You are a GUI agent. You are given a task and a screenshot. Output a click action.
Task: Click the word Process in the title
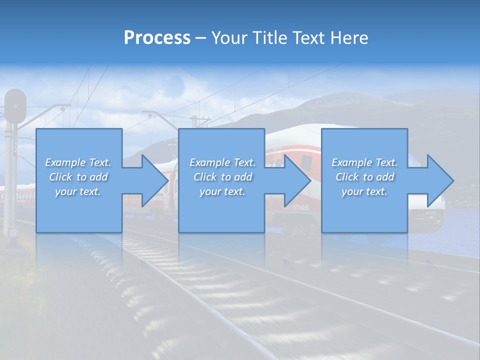(x=157, y=38)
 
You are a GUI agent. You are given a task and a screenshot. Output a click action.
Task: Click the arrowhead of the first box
(x=155, y=180)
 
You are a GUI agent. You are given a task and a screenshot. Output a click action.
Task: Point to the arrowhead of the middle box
(x=297, y=180)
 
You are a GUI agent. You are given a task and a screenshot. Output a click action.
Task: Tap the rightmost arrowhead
(x=440, y=180)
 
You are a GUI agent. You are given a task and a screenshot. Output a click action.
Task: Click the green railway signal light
(x=15, y=106)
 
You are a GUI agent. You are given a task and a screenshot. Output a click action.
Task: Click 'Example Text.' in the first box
(x=78, y=162)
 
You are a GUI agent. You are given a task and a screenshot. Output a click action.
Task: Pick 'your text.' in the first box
(x=78, y=191)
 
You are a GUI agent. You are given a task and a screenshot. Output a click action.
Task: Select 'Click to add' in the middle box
(x=222, y=177)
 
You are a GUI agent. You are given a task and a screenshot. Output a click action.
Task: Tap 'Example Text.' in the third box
(x=364, y=162)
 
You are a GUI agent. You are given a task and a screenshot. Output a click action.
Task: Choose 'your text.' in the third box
(x=364, y=191)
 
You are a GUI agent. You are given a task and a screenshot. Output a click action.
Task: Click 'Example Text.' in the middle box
(x=222, y=162)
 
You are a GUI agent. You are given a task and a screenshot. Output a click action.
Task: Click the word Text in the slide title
(x=309, y=38)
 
